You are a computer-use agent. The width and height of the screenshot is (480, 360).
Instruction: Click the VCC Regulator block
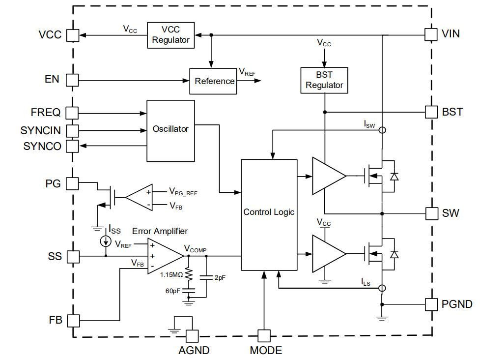click(170, 35)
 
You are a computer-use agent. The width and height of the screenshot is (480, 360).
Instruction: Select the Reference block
click(214, 81)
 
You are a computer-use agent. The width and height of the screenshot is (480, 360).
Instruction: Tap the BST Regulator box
click(324, 80)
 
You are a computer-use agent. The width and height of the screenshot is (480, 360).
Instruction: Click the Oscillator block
click(170, 130)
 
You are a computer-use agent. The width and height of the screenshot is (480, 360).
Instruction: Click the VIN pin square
click(431, 34)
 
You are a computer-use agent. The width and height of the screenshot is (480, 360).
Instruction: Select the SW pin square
click(431, 213)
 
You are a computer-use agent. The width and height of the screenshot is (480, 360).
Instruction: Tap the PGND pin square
click(431, 304)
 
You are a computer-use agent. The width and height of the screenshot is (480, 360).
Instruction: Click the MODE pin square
click(264, 336)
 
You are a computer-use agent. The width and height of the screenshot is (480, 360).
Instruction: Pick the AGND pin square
click(192, 336)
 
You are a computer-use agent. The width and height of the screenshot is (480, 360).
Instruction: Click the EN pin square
click(72, 80)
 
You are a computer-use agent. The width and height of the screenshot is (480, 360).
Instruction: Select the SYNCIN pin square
click(72, 130)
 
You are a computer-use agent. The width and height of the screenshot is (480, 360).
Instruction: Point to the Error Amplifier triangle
click(164, 255)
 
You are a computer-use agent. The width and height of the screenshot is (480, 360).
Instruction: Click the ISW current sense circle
click(382, 130)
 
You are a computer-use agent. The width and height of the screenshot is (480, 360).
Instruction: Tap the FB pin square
click(72, 320)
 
